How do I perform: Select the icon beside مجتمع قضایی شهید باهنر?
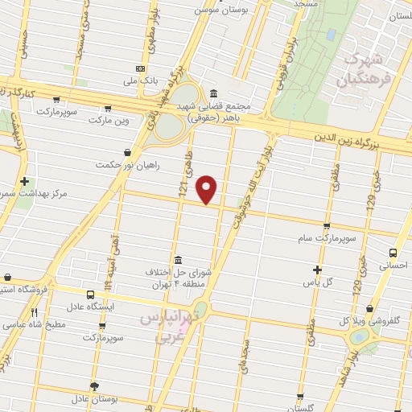click(212, 93)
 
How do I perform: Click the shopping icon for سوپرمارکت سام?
click(326, 226)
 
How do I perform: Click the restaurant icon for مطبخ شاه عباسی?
click(34, 313)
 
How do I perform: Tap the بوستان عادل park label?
click(94, 399)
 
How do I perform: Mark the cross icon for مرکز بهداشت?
click(25, 181)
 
